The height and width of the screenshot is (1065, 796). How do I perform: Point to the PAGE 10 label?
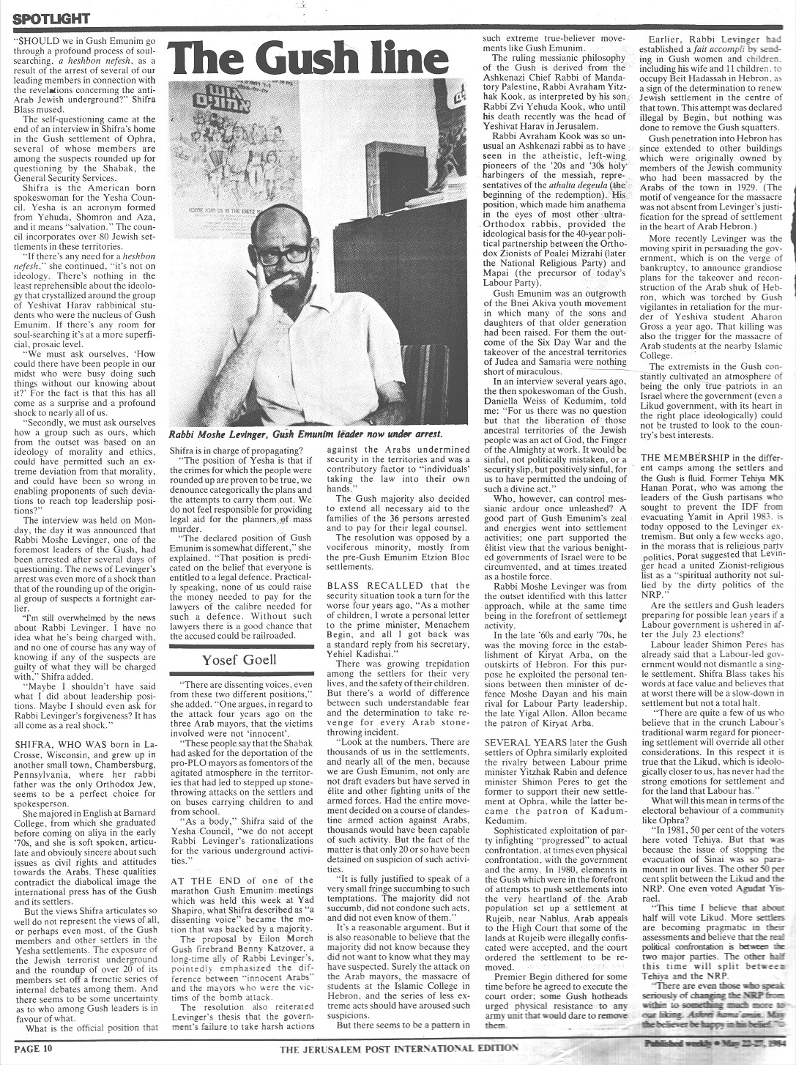pos(28,1047)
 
